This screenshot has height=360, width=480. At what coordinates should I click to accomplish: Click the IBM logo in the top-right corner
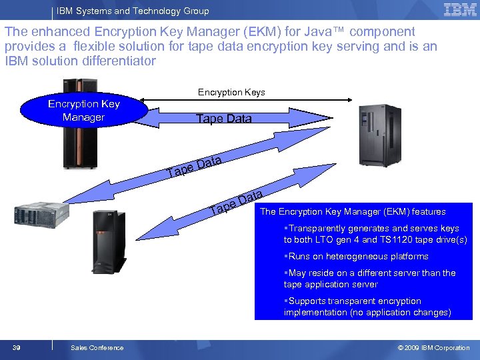click(x=460, y=9)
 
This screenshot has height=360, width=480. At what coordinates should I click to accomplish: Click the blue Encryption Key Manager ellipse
click(x=83, y=111)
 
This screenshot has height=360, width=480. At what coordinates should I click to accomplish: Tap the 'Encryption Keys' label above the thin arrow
click(x=231, y=92)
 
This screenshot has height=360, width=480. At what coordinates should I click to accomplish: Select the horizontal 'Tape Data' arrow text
click(x=223, y=119)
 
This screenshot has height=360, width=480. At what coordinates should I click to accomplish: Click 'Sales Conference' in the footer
click(x=97, y=347)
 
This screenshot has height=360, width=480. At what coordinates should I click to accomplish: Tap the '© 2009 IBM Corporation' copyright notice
click(x=433, y=347)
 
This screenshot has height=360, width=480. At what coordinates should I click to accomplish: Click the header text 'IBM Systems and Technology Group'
click(x=133, y=11)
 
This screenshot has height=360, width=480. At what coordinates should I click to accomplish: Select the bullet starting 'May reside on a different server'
click(x=370, y=278)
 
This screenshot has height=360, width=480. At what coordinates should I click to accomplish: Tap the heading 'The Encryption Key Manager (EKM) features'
click(x=353, y=211)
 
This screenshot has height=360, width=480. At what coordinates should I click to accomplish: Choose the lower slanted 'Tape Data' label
click(x=237, y=202)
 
